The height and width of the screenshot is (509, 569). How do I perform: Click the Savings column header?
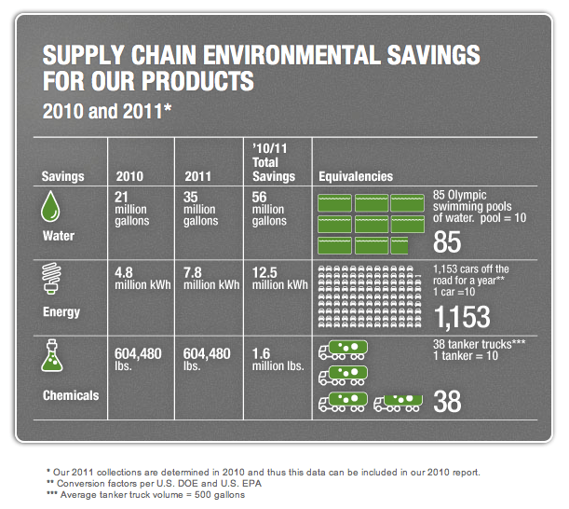tap(62, 176)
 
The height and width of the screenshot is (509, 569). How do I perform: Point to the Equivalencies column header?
tap(356, 176)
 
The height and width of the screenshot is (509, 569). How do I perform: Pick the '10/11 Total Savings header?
tap(274, 162)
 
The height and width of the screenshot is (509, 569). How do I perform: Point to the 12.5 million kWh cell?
tap(282, 279)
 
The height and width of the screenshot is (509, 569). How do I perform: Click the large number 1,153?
tap(462, 317)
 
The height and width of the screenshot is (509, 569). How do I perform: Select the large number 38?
tap(448, 402)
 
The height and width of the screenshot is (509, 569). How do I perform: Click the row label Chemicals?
tap(71, 395)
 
